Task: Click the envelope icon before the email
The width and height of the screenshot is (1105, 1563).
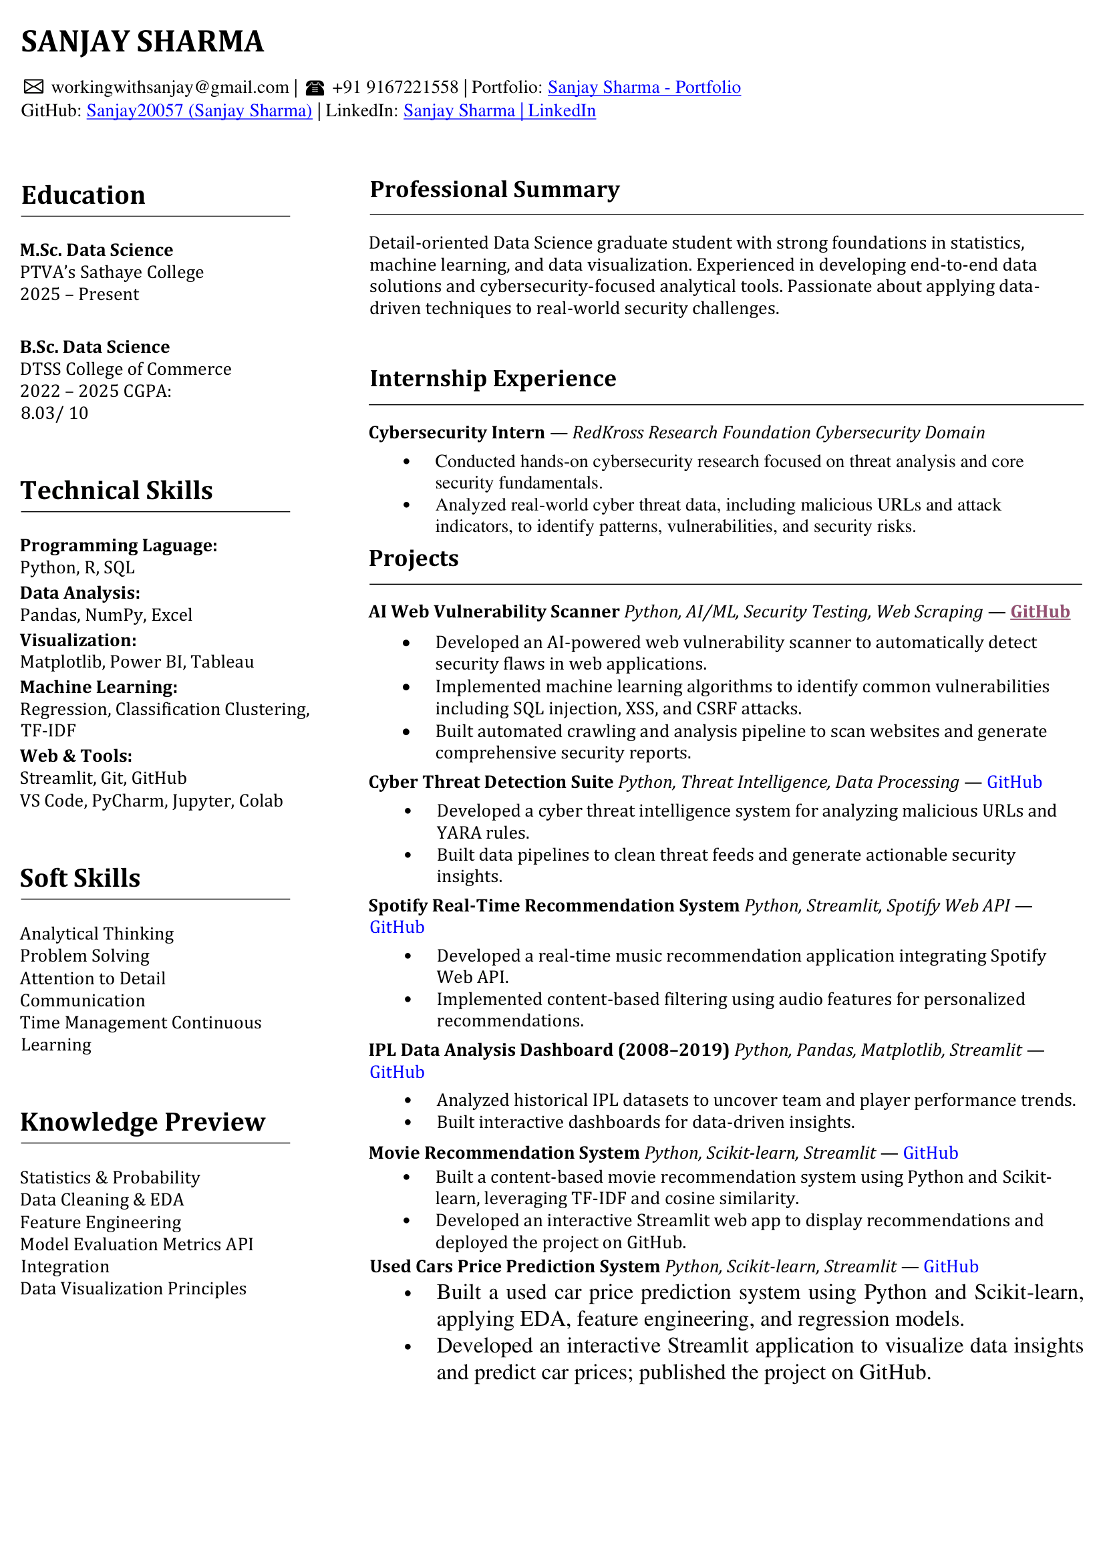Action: [33, 86]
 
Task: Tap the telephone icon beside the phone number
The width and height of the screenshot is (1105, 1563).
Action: [315, 87]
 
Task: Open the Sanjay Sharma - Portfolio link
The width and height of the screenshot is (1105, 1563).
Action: [643, 87]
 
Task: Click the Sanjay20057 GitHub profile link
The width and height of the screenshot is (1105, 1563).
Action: [198, 111]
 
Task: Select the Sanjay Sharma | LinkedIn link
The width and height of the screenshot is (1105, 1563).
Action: [500, 111]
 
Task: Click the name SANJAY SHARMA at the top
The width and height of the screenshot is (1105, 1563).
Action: [142, 41]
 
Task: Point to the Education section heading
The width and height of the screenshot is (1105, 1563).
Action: [83, 195]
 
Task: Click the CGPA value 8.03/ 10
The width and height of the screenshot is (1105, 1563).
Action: [54, 413]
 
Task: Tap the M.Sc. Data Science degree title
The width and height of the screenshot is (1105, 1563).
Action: [97, 250]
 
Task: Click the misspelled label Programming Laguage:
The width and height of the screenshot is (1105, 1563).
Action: [118, 545]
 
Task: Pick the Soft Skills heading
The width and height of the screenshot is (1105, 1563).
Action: [80, 878]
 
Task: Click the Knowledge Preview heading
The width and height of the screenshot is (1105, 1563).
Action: [143, 1122]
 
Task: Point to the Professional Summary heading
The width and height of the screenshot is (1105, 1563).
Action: [494, 189]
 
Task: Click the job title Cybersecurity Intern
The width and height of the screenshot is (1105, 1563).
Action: [456, 432]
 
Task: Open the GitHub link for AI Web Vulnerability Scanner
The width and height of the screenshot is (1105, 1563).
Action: [1040, 611]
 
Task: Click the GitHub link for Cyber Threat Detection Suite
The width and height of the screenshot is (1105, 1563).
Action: [1014, 783]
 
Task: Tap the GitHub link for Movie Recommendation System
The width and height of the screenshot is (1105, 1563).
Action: [930, 1153]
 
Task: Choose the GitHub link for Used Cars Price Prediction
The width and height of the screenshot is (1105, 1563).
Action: [951, 1266]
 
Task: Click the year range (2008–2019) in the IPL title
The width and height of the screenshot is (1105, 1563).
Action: [673, 1050]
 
